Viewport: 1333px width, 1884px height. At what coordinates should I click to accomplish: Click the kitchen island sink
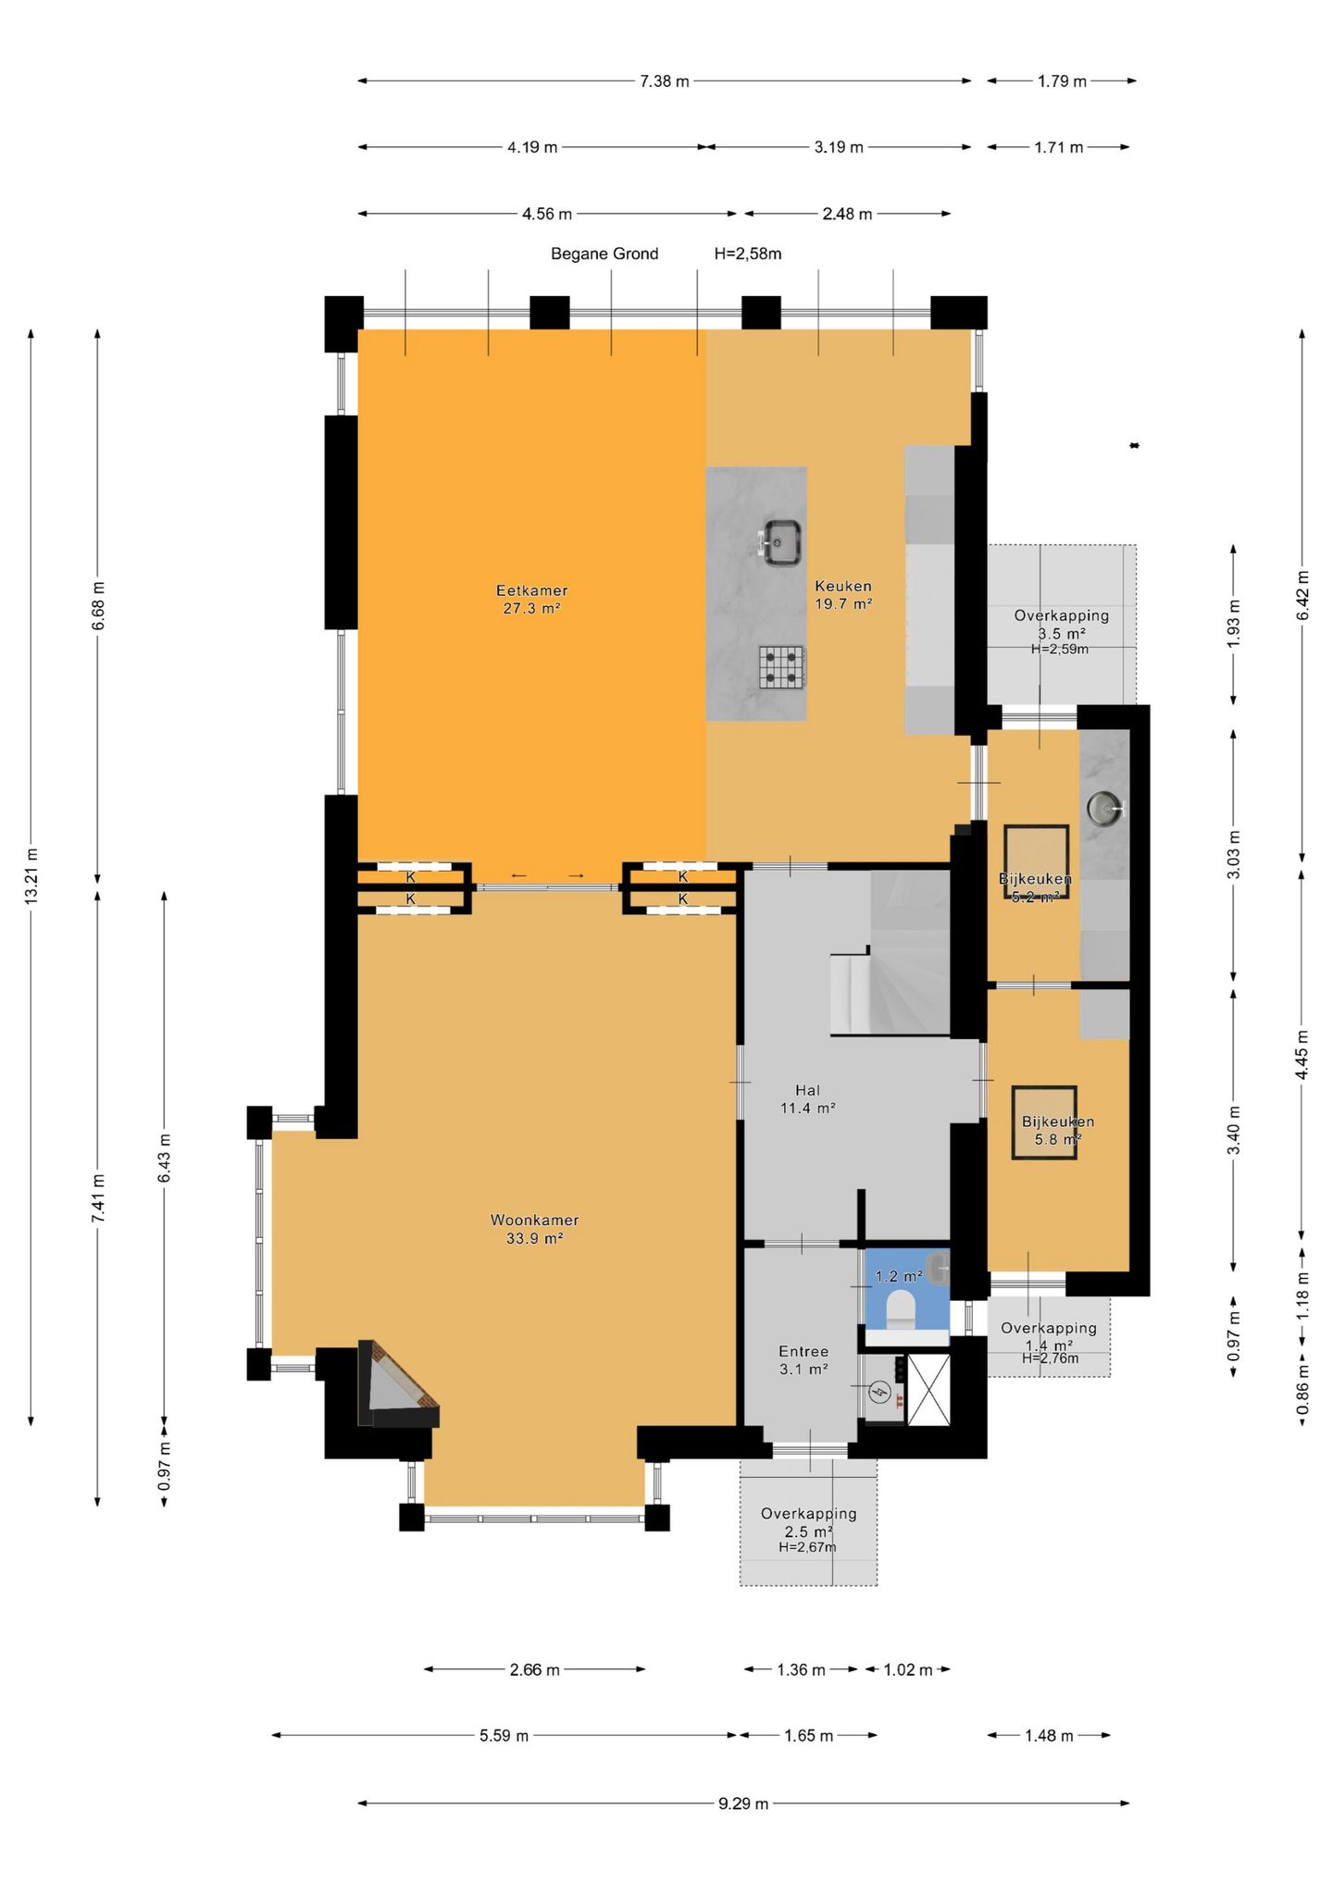[780, 542]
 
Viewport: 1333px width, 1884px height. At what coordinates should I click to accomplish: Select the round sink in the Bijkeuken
[1105, 809]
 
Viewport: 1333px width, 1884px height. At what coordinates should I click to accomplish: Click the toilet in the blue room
[901, 1310]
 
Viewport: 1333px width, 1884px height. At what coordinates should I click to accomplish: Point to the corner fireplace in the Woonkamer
[396, 1385]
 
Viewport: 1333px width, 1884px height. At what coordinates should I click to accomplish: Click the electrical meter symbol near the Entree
[880, 1391]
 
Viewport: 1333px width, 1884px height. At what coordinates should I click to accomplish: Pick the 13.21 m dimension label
[31, 874]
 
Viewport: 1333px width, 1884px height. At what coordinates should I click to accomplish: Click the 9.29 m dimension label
[743, 1803]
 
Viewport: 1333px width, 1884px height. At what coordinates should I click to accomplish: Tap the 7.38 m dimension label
[665, 81]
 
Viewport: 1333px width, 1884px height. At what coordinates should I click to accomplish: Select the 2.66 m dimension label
[534, 1669]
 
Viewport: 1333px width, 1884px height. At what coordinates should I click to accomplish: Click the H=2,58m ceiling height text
[748, 254]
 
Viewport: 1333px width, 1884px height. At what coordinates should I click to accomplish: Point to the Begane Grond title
[604, 254]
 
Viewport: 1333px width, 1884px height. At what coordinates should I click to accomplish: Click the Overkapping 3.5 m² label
[1061, 625]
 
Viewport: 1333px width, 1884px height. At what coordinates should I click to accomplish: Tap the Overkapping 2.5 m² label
[808, 1522]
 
